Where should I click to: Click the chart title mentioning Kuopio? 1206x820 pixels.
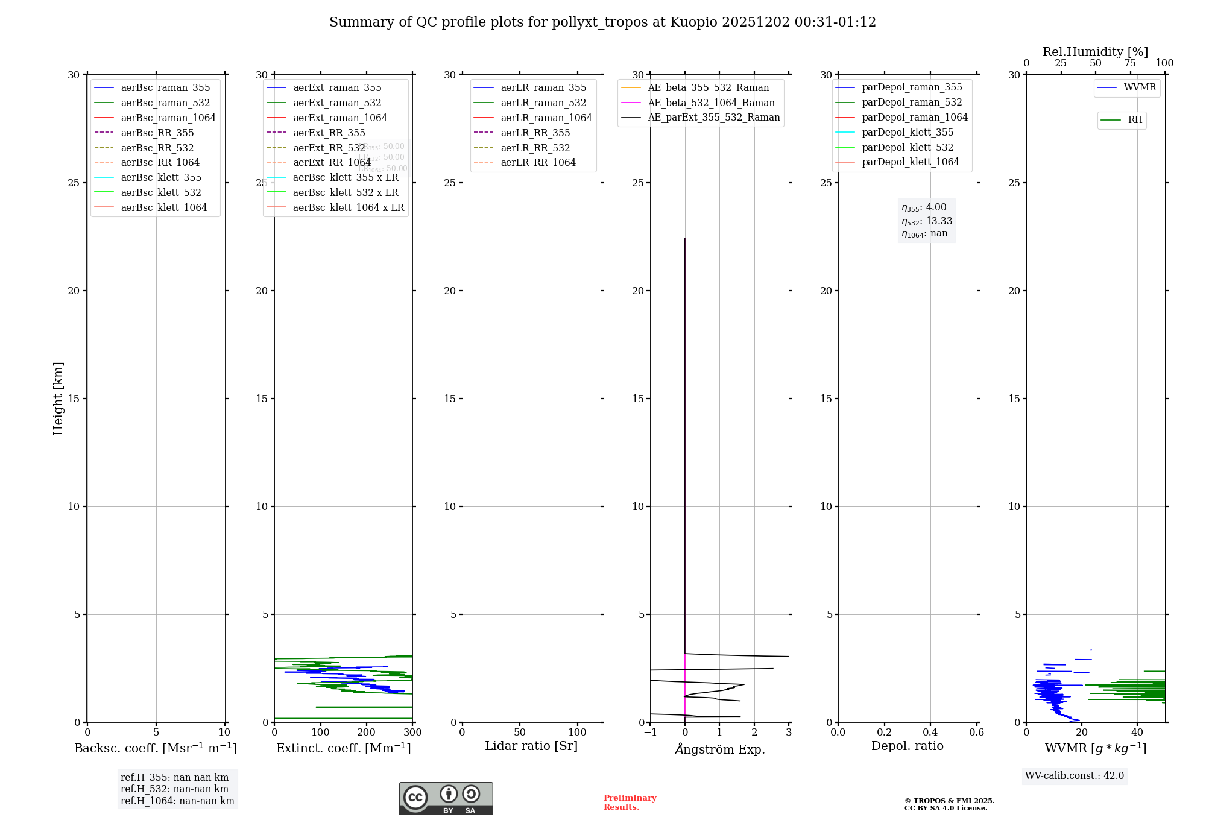602,22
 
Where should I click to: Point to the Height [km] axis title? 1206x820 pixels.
58,399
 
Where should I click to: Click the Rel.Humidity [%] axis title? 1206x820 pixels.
1095,52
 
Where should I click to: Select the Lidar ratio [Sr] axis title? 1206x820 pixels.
531,746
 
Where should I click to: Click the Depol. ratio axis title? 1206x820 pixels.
907,746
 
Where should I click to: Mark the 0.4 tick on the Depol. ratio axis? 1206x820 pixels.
930,733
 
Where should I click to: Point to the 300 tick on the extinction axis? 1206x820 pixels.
412,733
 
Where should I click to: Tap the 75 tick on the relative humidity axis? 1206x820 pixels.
1130,63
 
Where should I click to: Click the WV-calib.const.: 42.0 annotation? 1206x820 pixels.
1075,776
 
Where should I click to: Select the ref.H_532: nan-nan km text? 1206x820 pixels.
174,789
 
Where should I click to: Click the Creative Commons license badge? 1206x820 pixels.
446,799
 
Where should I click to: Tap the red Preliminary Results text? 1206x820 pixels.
630,803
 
